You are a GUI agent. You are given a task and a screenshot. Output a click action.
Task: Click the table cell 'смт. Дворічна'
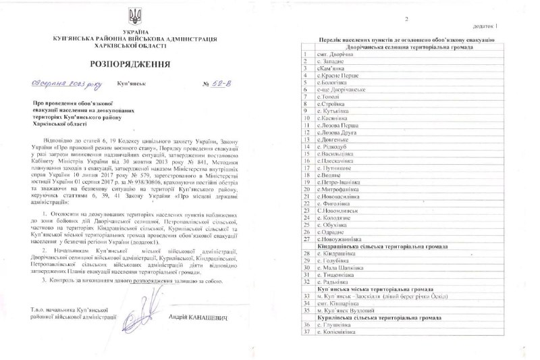pyautogui.click(x=334, y=55)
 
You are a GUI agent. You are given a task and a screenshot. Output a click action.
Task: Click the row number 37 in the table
pyautogui.click(x=307, y=332)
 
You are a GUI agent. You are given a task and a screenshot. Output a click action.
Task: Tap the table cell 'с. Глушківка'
pyautogui.click(x=335, y=324)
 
